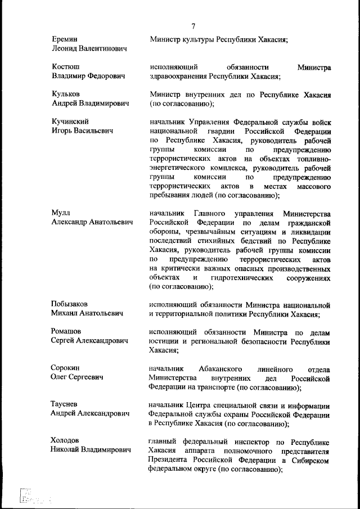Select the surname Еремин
tap(64, 39)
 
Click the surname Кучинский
tap(70, 121)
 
